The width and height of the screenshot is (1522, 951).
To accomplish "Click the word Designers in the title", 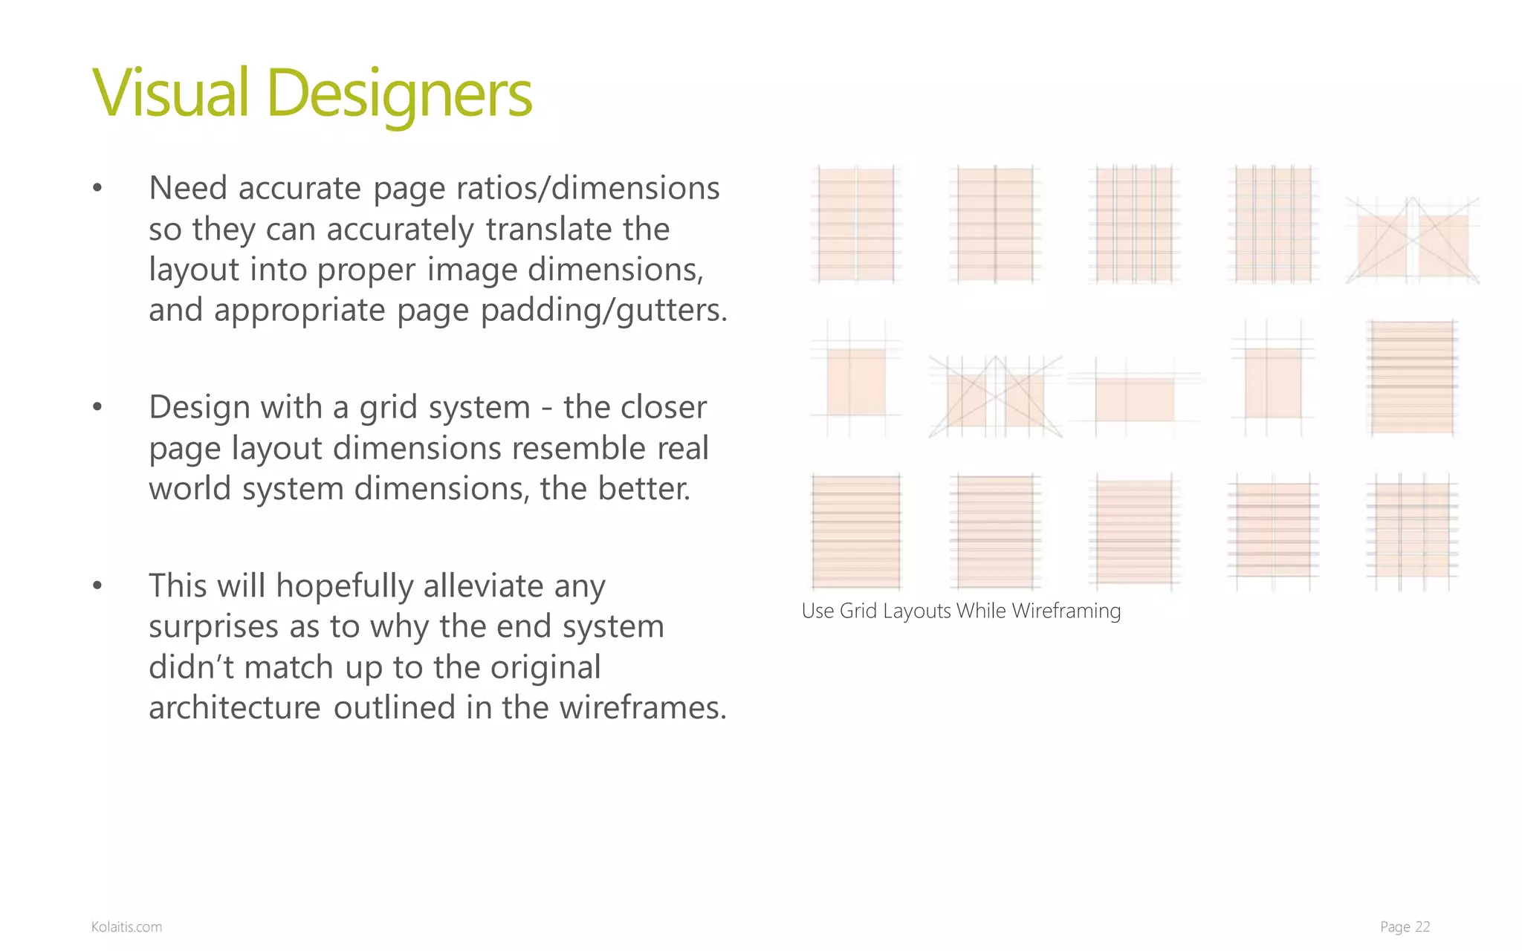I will (x=399, y=95).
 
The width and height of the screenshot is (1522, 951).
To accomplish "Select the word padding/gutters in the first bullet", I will (x=604, y=310).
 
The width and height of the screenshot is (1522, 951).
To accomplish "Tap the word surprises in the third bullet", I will (x=213, y=627).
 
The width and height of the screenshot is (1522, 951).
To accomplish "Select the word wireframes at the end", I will (x=642, y=707).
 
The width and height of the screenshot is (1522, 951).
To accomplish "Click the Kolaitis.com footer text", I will (x=126, y=926).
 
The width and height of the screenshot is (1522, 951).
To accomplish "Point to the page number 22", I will (x=1422, y=926).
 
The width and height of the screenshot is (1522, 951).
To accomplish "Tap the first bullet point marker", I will (x=97, y=189).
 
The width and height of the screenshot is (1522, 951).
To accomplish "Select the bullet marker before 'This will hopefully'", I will (x=97, y=586).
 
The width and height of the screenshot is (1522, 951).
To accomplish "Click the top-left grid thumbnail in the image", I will (x=855, y=224).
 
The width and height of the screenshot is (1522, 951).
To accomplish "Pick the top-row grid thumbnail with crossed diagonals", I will (x=1412, y=241).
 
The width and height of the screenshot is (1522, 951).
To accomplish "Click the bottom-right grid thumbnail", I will (x=1412, y=531).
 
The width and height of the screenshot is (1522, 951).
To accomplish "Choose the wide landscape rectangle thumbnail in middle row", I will (x=1134, y=399).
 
